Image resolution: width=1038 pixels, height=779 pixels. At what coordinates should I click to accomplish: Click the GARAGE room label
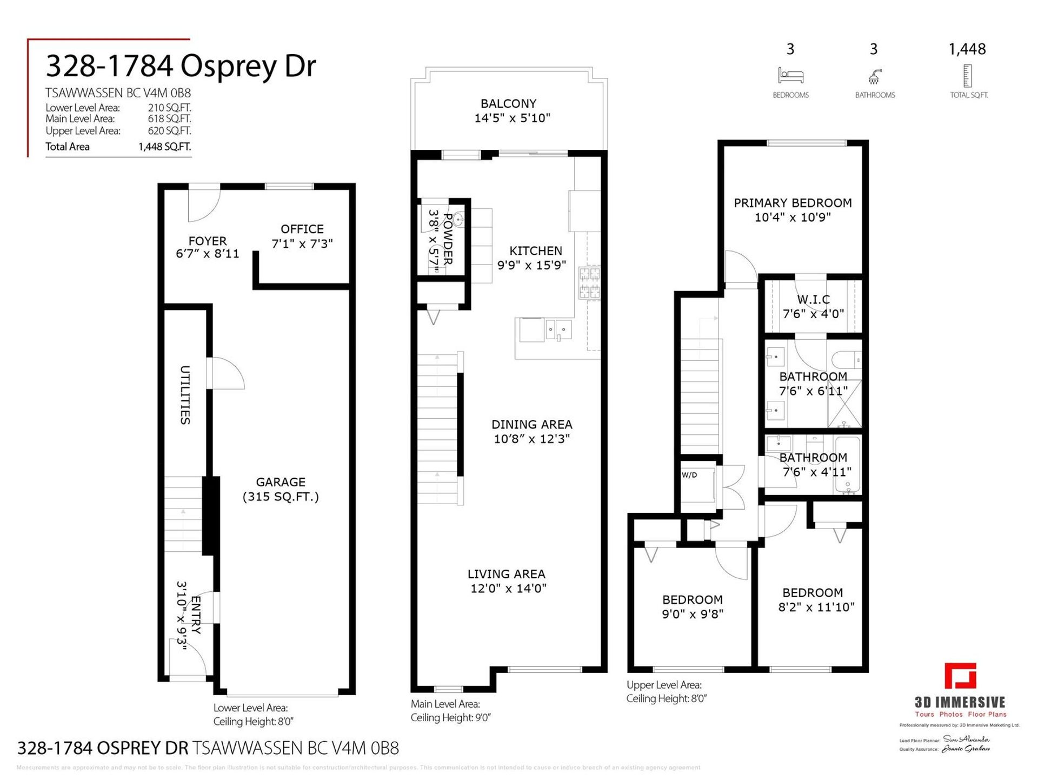click(281, 482)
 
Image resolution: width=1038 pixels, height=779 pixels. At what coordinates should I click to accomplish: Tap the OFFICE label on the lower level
click(302, 229)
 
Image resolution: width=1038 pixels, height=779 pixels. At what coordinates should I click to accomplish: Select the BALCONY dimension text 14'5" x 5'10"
click(512, 118)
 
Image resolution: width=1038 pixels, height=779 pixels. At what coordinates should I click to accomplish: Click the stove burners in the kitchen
click(589, 282)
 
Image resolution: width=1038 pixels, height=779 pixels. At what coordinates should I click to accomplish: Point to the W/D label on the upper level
click(689, 475)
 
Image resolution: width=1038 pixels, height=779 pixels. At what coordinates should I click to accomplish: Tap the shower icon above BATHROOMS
click(874, 76)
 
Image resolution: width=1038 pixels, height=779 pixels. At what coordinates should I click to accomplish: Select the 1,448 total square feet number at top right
click(967, 49)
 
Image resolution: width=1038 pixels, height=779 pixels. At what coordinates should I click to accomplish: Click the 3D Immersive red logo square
click(960, 676)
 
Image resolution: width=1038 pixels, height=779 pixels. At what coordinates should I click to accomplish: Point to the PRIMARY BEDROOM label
click(793, 203)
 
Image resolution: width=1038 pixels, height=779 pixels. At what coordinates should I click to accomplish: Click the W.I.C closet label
click(813, 299)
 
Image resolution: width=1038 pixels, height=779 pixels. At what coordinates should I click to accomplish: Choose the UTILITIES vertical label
click(185, 395)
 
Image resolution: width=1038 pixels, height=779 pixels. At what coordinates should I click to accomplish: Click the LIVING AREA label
click(506, 574)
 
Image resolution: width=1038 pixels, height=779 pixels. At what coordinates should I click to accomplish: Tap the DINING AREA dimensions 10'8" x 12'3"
click(531, 439)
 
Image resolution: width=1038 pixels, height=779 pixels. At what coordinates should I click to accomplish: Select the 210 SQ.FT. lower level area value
click(169, 108)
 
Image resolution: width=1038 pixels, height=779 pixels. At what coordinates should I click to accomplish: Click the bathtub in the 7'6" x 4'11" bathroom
click(847, 465)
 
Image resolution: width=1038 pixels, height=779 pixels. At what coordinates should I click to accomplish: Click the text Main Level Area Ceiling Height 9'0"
click(450, 710)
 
